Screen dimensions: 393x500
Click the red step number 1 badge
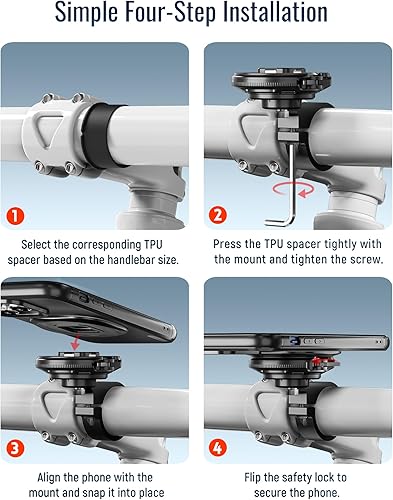pyautogui.click(x=16, y=216)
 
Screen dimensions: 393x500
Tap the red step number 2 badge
pyautogui.click(x=218, y=215)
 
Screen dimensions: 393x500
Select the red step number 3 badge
pyautogui.click(x=15, y=448)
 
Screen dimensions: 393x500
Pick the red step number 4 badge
pyautogui.click(x=218, y=448)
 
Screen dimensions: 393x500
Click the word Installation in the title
pyautogui.click(x=275, y=12)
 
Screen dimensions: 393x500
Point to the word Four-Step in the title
pyautogui.click(x=170, y=13)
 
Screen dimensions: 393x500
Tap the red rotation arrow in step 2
pyautogui.click(x=293, y=190)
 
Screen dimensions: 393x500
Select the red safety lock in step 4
pyautogui.click(x=324, y=362)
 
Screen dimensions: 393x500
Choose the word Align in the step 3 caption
pyautogui.click(x=49, y=477)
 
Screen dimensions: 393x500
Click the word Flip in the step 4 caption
pyautogui.click(x=252, y=477)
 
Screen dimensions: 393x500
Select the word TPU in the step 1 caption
pyautogui.click(x=153, y=245)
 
